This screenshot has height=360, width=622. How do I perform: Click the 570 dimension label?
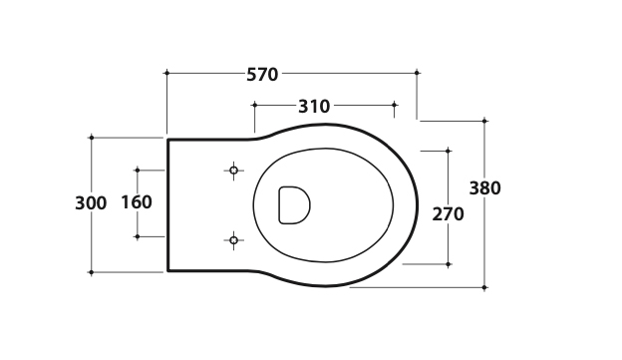(x=262, y=74)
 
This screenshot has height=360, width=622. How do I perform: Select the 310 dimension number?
(x=314, y=107)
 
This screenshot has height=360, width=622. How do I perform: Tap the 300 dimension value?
(x=91, y=203)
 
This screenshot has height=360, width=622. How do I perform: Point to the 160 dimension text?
(x=137, y=202)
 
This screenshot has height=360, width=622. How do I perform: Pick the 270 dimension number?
(x=448, y=214)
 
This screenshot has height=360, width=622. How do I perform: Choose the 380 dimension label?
(x=484, y=187)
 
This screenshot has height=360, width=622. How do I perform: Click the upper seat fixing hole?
(x=233, y=171)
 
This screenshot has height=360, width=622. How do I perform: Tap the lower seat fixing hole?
(x=233, y=240)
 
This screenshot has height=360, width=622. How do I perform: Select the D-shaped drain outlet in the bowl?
(x=294, y=205)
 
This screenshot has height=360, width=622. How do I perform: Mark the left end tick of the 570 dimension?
(x=167, y=73)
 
